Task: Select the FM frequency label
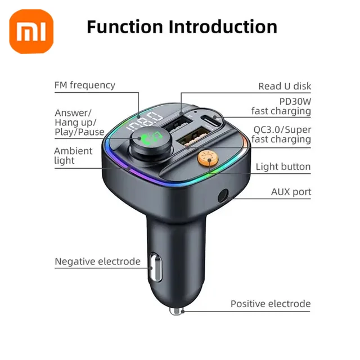point(84,85)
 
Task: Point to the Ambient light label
point(73,156)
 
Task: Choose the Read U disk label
point(284,86)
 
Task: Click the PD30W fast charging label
point(281,105)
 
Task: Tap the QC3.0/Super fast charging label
point(281,134)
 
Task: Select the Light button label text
point(283,167)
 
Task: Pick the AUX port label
point(291,192)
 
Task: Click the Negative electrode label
point(97,262)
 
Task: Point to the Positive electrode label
point(270,304)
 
